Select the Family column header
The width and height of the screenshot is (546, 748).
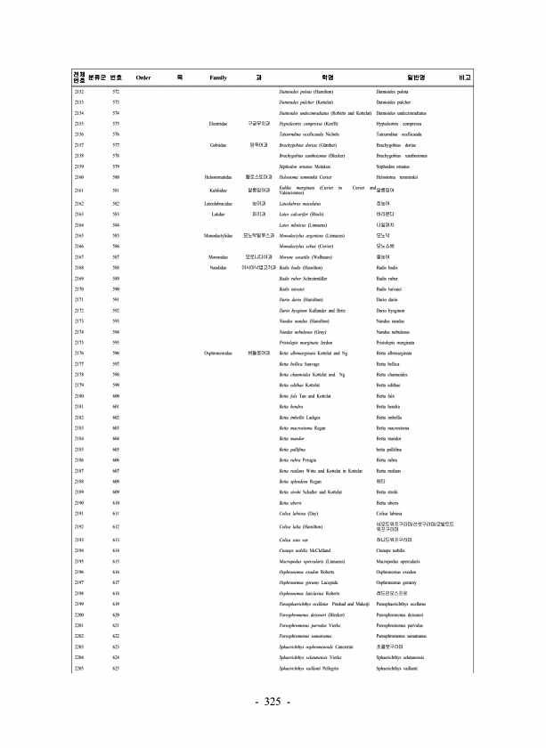coord(218,78)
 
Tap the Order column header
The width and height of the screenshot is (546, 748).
coord(143,78)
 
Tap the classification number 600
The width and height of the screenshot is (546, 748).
coord(116,419)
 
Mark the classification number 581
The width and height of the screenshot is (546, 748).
coord(116,191)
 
